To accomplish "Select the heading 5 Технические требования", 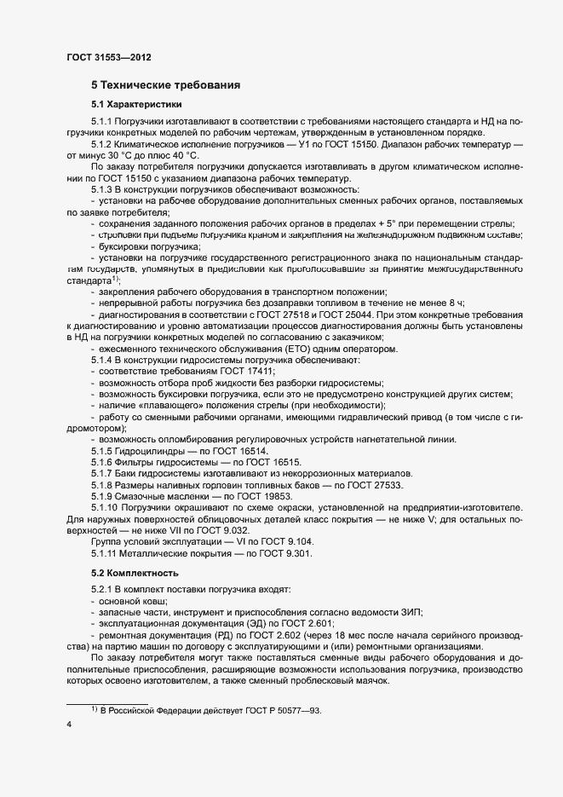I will coord(165,85).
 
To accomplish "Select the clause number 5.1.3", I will coord(102,189).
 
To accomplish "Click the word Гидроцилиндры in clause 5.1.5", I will coord(152,450).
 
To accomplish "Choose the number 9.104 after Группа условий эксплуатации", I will coord(297,540).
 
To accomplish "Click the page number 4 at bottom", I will coord(69,725).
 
